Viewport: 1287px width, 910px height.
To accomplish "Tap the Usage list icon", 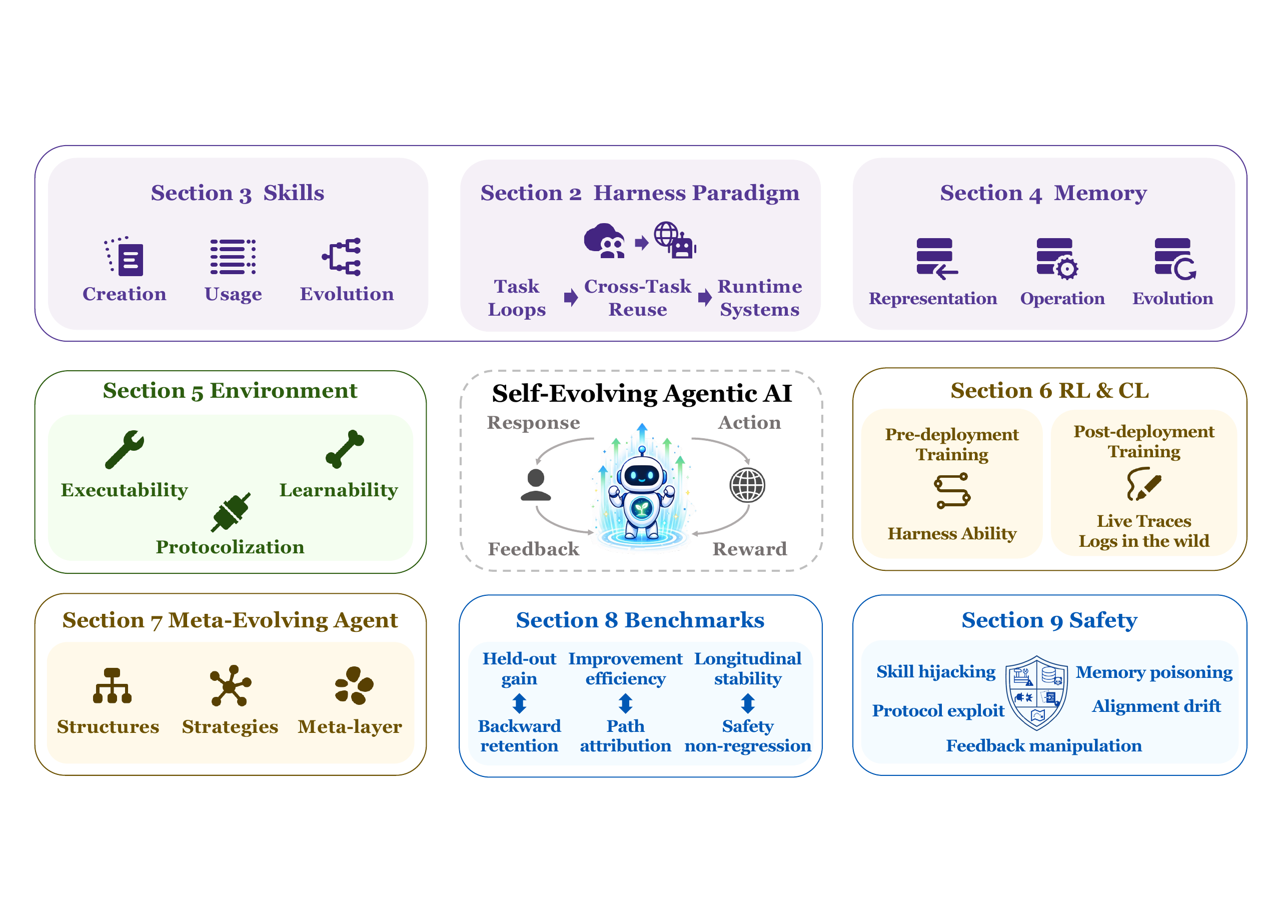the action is coord(233,257).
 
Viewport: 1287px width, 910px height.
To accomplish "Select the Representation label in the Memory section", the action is coord(933,298).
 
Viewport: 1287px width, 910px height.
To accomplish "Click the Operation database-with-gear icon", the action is coord(1056,259).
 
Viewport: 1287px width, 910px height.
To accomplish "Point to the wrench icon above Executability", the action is coord(125,449).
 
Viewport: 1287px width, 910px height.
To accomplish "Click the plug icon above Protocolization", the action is coord(231,512).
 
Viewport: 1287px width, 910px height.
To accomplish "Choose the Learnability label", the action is coord(339,490).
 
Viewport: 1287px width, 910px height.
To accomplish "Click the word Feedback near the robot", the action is coord(534,549).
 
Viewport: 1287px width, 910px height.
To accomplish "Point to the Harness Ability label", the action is coord(952,533).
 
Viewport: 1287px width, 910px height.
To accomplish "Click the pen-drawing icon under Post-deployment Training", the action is coord(1143,483).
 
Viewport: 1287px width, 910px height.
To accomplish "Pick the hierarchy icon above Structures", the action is coord(112,685).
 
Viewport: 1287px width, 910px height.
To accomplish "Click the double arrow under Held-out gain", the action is coord(519,703).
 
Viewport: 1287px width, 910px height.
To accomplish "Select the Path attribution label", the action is coord(626,735).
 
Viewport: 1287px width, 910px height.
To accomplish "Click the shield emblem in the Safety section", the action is coord(1036,693).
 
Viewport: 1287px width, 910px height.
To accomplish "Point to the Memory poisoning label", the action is coord(1153,672).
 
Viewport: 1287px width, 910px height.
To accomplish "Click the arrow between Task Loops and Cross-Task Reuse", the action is coord(571,297).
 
